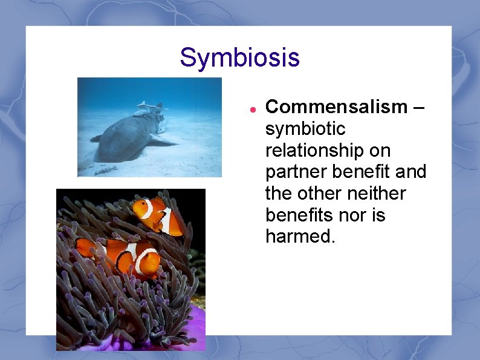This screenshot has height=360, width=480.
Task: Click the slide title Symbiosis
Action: point(239,58)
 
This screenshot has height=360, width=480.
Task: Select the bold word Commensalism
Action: point(337,107)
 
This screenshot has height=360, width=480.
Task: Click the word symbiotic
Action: point(305,129)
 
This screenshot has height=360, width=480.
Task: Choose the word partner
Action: point(297,172)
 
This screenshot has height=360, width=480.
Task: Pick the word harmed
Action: point(300,237)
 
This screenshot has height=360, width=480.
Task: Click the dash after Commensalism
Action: point(420,108)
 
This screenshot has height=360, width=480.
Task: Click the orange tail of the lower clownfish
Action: point(85,247)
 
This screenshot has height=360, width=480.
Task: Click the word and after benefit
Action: point(411,172)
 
